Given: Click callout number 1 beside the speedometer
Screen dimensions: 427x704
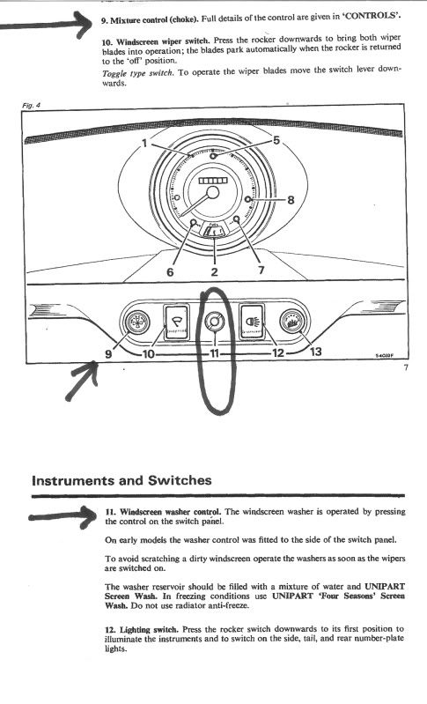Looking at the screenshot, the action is (x=144, y=144).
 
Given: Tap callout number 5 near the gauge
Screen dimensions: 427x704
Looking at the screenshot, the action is (x=276, y=140).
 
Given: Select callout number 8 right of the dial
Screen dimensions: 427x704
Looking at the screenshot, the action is (x=291, y=200).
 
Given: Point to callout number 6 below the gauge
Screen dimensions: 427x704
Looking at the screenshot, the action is (x=170, y=271).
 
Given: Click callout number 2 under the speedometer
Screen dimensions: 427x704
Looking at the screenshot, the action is (x=215, y=271).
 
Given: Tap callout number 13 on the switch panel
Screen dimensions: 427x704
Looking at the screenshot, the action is (x=316, y=351).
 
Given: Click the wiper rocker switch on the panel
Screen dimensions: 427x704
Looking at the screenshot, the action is (x=176, y=322).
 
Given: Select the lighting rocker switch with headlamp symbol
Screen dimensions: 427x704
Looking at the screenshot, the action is (x=252, y=322).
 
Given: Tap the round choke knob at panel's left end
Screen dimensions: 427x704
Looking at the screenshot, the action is (x=137, y=322).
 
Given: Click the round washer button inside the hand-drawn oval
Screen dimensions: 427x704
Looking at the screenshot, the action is (x=215, y=322).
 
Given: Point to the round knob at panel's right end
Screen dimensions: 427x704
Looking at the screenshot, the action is (x=292, y=322).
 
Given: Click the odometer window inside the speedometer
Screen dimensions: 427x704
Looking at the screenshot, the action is (x=213, y=181).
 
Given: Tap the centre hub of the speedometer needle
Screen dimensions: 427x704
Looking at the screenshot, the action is (x=212, y=192).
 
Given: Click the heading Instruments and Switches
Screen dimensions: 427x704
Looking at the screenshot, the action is (x=121, y=480).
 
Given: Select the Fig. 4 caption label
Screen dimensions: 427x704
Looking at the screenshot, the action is (x=32, y=105).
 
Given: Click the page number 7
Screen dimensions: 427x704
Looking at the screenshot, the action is (x=406, y=368).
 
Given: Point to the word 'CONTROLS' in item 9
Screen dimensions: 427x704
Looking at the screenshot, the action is (x=372, y=18).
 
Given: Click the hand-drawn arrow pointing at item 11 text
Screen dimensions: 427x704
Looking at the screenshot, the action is (x=63, y=517).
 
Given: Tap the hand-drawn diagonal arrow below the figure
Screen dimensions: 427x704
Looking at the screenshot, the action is (x=82, y=381).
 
